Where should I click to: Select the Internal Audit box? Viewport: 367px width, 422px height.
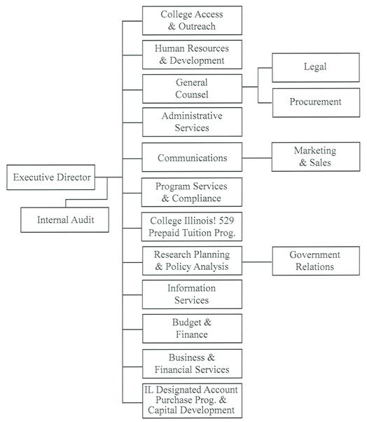click(65, 221)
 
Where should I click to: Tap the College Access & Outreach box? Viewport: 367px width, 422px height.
click(192, 20)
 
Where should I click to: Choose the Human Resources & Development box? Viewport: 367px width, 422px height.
click(192, 55)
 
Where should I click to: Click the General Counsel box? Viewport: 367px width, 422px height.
click(192, 88)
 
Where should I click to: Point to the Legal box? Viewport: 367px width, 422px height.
click(315, 67)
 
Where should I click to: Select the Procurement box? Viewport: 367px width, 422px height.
click(315, 102)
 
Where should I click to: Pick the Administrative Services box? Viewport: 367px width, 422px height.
click(192, 122)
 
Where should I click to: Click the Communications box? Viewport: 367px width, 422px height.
click(192, 158)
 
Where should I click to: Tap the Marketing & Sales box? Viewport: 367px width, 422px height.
click(315, 157)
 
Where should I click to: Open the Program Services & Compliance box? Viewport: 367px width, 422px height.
click(192, 192)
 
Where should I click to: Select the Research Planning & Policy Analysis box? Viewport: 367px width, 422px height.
click(192, 261)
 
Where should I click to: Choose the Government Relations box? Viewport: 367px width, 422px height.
click(315, 261)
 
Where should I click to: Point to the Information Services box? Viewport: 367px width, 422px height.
click(192, 294)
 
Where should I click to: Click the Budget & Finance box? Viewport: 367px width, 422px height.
click(192, 328)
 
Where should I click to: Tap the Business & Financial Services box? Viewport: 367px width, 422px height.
click(192, 363)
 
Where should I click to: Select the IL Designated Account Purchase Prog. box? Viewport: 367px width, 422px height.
click(192, 400)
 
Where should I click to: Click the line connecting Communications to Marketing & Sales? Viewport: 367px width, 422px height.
click(257, 158)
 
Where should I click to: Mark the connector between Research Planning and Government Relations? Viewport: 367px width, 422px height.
click(257, 261)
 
